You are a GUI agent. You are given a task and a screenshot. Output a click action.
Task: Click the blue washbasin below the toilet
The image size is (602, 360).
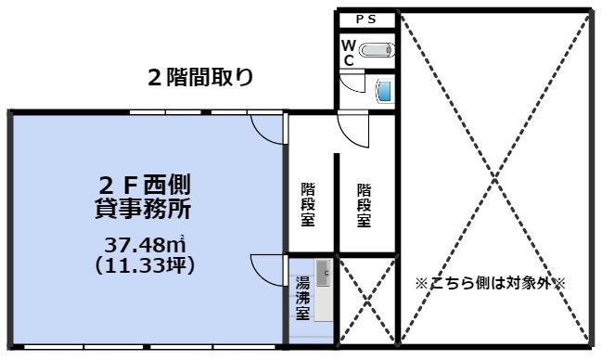tap(382, 89)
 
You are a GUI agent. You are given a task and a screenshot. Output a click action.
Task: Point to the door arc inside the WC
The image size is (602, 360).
tap(351, 84)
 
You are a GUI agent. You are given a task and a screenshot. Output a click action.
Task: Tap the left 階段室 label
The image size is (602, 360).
tap(308, 204)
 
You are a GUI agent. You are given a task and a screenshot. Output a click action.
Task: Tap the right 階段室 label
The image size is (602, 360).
tap(365, 204)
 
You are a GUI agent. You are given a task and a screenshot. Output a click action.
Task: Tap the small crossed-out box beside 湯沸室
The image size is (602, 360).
tap(367, 302)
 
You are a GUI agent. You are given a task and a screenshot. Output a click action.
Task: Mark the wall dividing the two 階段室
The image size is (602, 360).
tap(336, 204)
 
